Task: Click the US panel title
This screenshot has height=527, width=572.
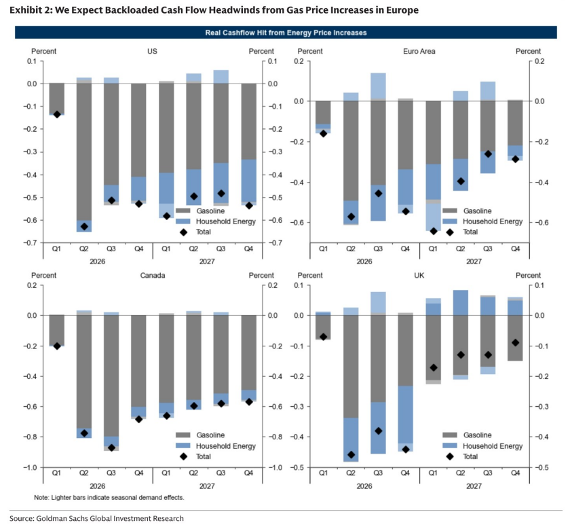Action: tap(152, 51)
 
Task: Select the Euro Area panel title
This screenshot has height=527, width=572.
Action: tap(419, 51)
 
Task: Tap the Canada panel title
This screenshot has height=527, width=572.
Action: tap(153, 275)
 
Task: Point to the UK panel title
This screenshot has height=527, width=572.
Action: tap(419, 275)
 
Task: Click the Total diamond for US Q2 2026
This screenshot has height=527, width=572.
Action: tap(84, 226)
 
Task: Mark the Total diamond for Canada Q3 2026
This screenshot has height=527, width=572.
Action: tap(112, 448)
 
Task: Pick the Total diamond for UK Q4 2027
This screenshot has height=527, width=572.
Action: tap(515, 342)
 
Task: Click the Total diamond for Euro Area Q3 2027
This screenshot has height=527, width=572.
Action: tap(488, 154)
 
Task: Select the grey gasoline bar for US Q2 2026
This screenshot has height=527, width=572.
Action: tap(84, 151)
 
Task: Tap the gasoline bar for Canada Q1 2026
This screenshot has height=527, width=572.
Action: tap(56, 330)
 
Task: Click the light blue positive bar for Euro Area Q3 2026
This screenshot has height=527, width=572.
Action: tap(379, 86)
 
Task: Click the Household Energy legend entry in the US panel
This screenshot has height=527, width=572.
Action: tap(215, 221)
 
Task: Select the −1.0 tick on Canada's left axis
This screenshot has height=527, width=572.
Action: tap(31, 467)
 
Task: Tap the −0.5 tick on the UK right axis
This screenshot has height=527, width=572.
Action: tap(541, 467)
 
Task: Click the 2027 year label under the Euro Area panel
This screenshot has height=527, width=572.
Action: tap(474, 261)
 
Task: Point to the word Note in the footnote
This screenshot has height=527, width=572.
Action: tap(41, 497)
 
